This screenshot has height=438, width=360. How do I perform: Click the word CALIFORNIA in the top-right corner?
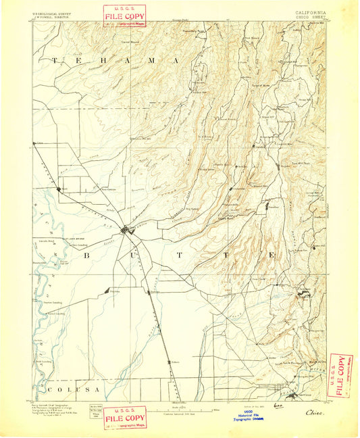click(x=310, y=12)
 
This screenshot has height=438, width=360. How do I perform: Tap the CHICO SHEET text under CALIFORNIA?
click(x=310, y=18)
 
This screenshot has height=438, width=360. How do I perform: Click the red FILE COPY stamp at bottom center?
click(x=124, y=418)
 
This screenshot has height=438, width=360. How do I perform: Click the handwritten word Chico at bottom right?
click(x=314, y=412)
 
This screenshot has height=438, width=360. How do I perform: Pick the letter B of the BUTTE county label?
click(x=87, y=256)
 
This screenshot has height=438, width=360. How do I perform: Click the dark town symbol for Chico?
click(x=126, y=232)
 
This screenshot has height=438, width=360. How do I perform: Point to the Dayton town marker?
click(x=107, y=291)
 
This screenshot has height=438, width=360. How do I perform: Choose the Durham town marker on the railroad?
click(x=151, y=293)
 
